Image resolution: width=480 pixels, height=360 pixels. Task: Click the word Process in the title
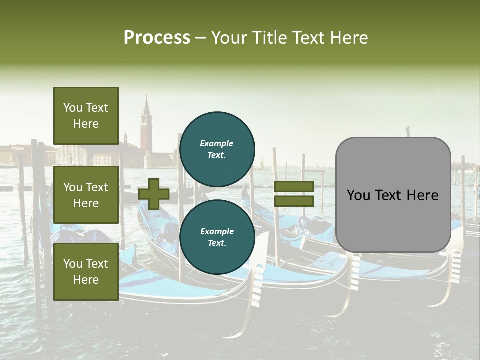coord(157,38)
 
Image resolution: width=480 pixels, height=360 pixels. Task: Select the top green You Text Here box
coord(86,116)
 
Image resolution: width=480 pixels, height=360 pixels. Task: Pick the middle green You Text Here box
coord(86,195)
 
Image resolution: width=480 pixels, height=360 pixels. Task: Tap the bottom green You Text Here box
coord(86,272)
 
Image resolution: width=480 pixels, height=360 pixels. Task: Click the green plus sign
coord(154,194)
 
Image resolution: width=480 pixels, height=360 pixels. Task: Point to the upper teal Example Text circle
coord(217,149)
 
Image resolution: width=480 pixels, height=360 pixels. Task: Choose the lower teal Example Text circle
coord(217,237)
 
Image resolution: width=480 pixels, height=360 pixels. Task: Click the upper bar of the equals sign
coord(294,186)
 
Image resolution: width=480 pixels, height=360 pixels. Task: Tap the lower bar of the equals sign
coord(294,201)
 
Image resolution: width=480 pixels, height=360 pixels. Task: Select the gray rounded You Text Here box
coord(393,195)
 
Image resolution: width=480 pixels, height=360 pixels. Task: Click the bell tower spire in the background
coord(146,107)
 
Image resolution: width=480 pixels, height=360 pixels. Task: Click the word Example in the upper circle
coord(217,143)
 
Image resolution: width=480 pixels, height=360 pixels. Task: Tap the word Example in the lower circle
coord(217,231)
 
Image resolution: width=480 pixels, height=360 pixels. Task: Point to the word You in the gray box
coord(358,195)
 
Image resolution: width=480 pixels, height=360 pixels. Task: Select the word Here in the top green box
coord(86,124)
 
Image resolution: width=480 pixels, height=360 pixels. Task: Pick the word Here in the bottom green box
coord(86,280)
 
